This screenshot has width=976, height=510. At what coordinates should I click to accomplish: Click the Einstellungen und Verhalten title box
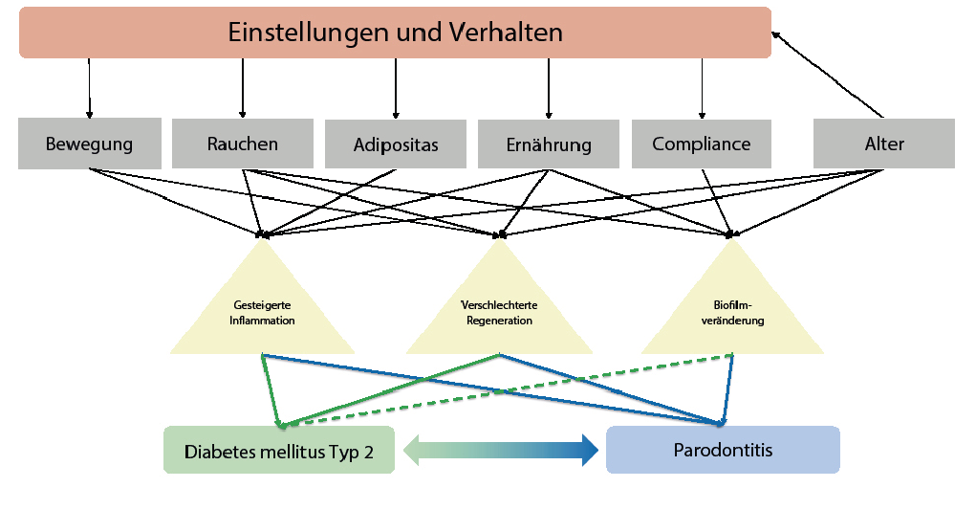click(x=395, y=33)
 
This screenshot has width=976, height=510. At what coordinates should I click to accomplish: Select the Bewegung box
click(x=89, y=144)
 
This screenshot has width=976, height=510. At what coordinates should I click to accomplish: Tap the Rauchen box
click(x=243, y=144)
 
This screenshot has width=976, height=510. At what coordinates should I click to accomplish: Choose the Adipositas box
click(x=396, y=145)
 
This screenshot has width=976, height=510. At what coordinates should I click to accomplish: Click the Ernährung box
click(x=549, y=145)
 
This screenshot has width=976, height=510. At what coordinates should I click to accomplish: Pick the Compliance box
click(x=702, y=144)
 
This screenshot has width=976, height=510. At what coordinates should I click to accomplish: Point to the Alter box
click(x=883, y=144)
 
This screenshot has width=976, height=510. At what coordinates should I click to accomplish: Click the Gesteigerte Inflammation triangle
click(x=262, y=306)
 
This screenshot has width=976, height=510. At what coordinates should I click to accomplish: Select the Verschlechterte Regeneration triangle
click(x=498, y=306)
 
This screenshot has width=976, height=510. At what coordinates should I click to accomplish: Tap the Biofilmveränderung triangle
click(x=732, y=306)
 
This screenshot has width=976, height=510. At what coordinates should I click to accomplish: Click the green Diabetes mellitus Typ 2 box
click(x=278, y=451)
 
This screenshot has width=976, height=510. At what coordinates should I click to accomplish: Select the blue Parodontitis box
click(x=723, y=450)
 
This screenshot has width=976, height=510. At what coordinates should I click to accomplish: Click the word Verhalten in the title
click(x=504, y=33)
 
